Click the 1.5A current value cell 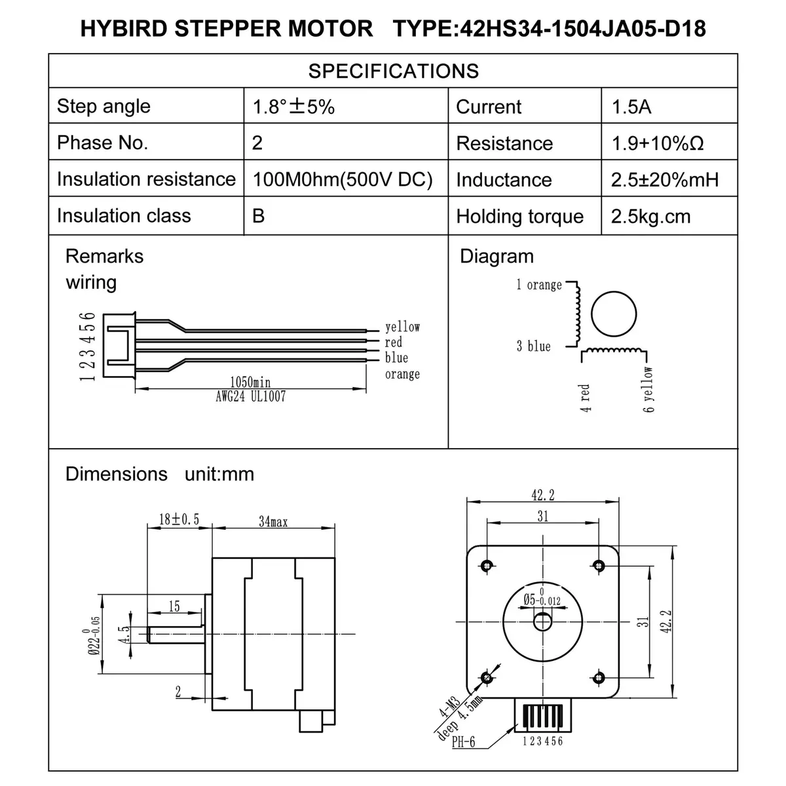(631, 107)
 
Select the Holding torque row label (519, 217)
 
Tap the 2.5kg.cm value (650, 217)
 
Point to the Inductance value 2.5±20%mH (664, 180)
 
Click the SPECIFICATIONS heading (393, 71)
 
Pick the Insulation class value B (259, 215)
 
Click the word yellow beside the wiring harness (402, 327)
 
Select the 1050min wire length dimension (250, 382)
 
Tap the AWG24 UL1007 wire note (250, 396)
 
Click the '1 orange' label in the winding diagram (539, 285)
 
